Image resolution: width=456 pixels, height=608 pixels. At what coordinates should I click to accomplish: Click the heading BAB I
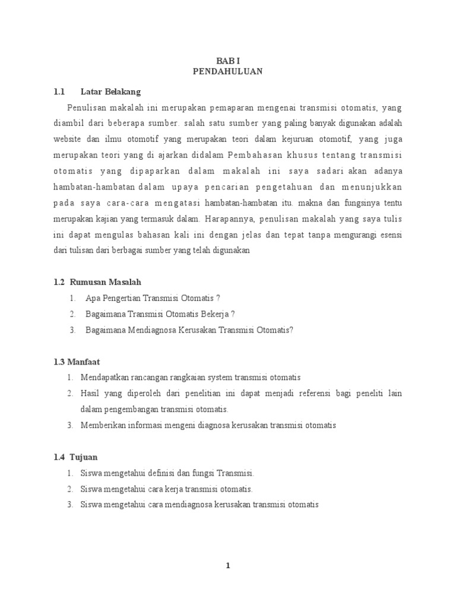[x=227, y=61]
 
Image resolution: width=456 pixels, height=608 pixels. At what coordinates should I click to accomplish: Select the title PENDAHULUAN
[x=227, y=71]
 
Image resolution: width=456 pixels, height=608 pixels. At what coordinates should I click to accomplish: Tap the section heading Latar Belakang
[x=110, y=92]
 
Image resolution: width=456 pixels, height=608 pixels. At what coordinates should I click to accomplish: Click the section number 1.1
[x=58, y=92]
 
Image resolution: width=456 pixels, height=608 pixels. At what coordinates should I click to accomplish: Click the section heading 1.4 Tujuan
[x=75, y=457]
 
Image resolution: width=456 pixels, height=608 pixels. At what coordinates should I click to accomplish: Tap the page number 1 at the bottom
[x=227, y=566]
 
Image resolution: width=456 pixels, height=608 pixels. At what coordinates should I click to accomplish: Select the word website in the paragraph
[x=67, y=139]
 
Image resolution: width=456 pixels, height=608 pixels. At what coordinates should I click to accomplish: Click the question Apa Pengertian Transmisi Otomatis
[x=153, y=297]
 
